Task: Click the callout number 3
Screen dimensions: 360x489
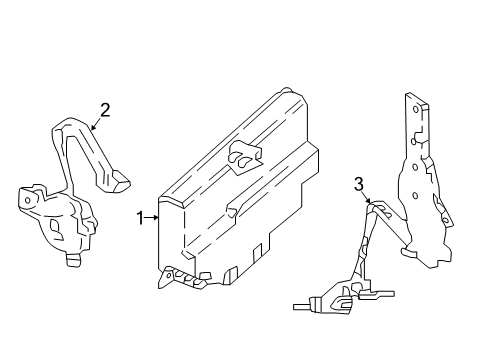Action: (358, 184)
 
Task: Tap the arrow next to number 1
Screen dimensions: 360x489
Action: (154, 216)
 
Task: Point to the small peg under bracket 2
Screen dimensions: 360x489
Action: (72, 260)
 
